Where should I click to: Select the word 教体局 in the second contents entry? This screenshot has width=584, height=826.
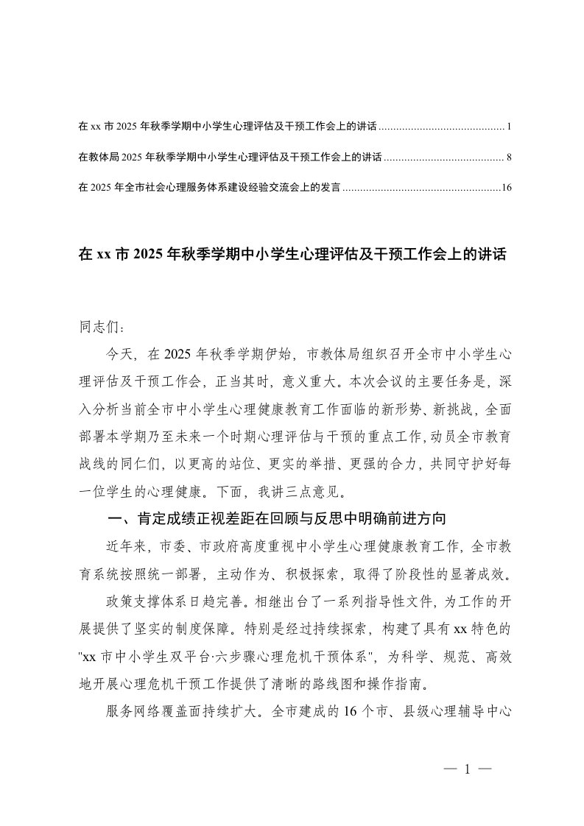point(102,158)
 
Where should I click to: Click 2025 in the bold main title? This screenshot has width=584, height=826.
point(148,255)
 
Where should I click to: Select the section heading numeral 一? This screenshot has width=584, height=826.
point(115,519)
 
